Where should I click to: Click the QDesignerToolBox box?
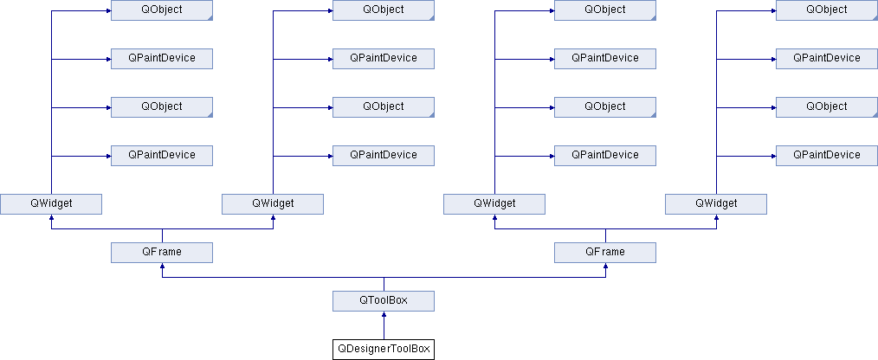click(384, 350)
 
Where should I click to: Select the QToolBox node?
click(384, 300)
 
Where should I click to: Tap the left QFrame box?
click(162, 252)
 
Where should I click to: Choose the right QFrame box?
click(605, 252)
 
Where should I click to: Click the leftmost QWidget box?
click(51, 203)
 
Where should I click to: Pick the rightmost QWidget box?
click(716, 203)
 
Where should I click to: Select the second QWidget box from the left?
click(273, 203)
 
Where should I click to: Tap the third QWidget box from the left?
click(494, 203)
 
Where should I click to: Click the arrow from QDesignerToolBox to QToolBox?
click(384, 325)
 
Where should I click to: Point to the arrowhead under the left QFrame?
click(162, 266)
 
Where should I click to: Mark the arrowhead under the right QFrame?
click(605, 266)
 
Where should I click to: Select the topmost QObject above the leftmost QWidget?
click(162, 10)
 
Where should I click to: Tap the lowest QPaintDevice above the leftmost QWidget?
click(162, 155)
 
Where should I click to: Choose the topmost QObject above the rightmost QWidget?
click(827, 10)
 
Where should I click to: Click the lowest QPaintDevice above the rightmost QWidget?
click(827, 155)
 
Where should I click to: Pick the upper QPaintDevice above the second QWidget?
click(384, 58)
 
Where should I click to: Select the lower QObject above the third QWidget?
click(605, 107)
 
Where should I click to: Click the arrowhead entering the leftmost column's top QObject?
click(107, 10)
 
